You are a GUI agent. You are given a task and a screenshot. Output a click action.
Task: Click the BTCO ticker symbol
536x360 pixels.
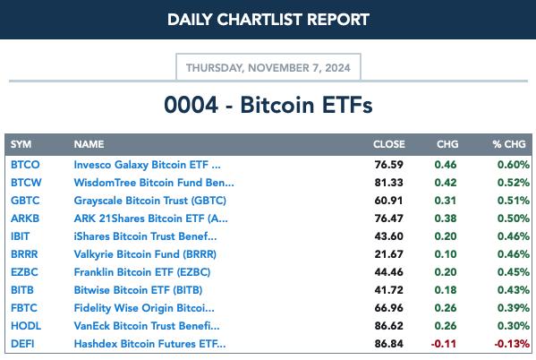pyautogui.click(x=25, y=165)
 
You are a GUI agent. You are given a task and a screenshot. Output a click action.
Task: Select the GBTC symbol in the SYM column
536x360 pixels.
pyautogui.click(x=25, y=201)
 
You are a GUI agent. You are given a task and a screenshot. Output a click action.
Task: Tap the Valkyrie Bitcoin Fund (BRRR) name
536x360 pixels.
pyautogui.click(x=145, y=254)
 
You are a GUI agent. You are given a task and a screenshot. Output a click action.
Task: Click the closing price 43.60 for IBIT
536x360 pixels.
pyautogui.click(x=388, y=236)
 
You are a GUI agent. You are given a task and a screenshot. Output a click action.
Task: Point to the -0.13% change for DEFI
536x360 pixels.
pyautogui.click(x=512, y=344)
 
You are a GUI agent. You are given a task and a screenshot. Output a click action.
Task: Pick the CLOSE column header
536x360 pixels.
pyautogui.click(x=389, y=144)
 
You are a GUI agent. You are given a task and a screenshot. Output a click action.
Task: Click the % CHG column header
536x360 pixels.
pyautogui.click(x=509, y=144)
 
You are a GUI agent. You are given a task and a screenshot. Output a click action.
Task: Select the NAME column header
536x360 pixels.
pyautogui.click(x=89, y=144)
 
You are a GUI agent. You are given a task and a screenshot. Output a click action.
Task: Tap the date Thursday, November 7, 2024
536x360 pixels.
pyautogui.click(x=268, y=68)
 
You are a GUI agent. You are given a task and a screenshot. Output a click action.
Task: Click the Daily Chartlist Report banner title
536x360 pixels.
pyautogui.click(x=268, y=20)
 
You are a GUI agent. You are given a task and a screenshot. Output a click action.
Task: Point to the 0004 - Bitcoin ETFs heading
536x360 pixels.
pyautogui.click(x=268, y=105)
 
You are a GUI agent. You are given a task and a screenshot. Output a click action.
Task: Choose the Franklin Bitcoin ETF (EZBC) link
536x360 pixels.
pyautogui.click(x=142, y=272)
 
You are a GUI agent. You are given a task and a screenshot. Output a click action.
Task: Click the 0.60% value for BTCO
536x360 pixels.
pyautogui.click(x=514, y=165)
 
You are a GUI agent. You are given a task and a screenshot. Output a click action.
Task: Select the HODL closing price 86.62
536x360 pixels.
pyautogui.click(x=388, y=326)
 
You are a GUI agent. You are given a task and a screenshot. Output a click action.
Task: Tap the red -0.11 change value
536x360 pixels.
pyautogui.click(x=444, y=344)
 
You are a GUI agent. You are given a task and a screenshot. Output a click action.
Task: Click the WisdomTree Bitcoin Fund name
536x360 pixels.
pyautogui.click(x=154, y=183)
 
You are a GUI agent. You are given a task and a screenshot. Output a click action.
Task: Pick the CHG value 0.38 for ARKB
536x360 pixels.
pyautogui.click(x=446, y=219)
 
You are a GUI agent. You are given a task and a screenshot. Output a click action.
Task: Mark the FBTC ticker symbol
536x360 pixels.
pyautogui.click(x=24, y=308)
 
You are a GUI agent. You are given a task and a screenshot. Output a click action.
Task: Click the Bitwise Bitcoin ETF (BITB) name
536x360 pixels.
pyautogui.click(x=138, y=290)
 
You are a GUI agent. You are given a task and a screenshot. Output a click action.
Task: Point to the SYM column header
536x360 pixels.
pyautogui.click(x=21, y=144)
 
